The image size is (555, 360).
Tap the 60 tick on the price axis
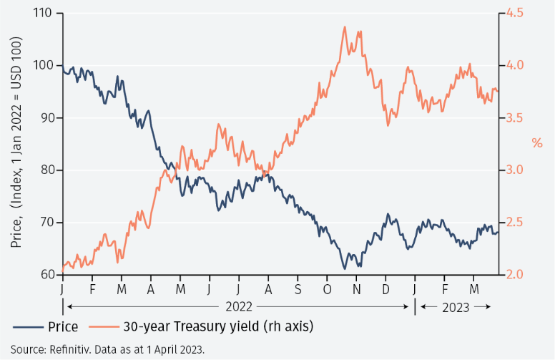(x=46, y=275)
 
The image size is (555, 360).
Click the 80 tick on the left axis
(x=46, y=170)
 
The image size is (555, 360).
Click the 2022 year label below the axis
(x=238, y=306)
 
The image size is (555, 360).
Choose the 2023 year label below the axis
(x=455, y=306)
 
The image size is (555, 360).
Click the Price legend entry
(x=63, y=327)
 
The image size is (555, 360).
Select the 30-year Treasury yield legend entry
(x=218, y=327)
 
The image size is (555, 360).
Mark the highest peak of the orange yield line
(x=345, y=27)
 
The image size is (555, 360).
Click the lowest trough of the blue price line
(x=344, y=269)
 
